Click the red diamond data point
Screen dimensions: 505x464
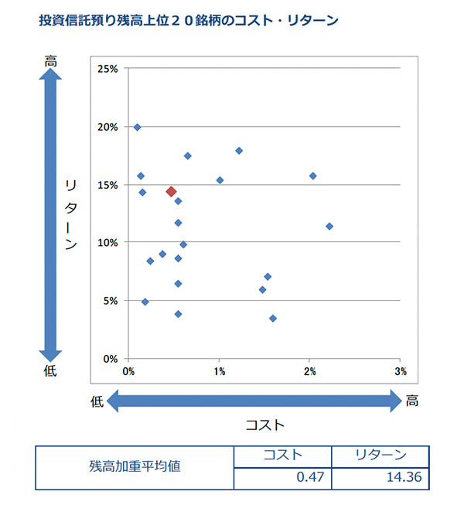pyautogui.click(x=172, y=191)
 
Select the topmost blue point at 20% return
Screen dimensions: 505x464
pyautogui.click(x=137, y=127)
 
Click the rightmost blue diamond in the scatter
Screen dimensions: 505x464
pyautogui.click(x=329, y=226)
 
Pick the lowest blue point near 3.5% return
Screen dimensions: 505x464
pyautogui.click(x=273, y=318)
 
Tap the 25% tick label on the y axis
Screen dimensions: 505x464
pyautogui.click(x=107, y=69)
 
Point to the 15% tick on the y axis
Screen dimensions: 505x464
pyautogui.click(x=107, y=185)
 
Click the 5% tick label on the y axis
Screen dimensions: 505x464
pyautogui.click(x=111, y=301)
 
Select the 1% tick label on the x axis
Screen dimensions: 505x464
pyautogui.click(x=220, y=371)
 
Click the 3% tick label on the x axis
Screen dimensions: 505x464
pyautogui.click(x=400, y=371)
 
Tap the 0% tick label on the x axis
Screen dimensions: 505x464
pyautogui.click(x=129, y=371)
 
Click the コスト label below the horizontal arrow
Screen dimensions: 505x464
pyautogui.click(x=264, y=424)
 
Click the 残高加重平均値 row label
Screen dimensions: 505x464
pyautogui.click(x=135, y=467)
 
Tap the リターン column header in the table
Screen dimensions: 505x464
pyautogui.click(x=380, y=456)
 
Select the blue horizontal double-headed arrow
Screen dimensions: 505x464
pyautogui.click(x=254, y=401)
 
